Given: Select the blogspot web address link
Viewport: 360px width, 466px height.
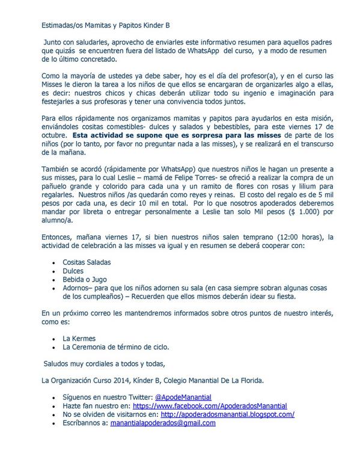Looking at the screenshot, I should (227, 414).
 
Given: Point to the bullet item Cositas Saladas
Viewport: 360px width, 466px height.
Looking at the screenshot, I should (87, 262).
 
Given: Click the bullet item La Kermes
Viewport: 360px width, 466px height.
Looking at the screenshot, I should (79, 338).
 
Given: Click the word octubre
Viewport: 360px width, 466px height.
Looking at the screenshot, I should (55, 135).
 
